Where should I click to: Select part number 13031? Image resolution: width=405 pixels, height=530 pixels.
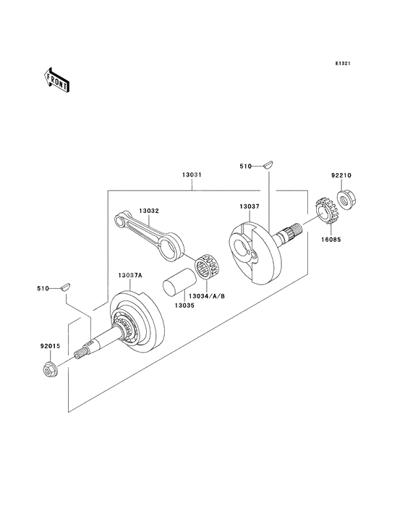pos(192,175)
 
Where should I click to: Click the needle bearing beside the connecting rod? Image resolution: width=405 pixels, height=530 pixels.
pos(210,266)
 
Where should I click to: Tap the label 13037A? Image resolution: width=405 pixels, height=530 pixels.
pos(121,275)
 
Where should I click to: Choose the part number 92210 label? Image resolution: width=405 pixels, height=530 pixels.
pos(341,174)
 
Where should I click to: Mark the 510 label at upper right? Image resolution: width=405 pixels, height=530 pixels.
pos(245,167)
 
